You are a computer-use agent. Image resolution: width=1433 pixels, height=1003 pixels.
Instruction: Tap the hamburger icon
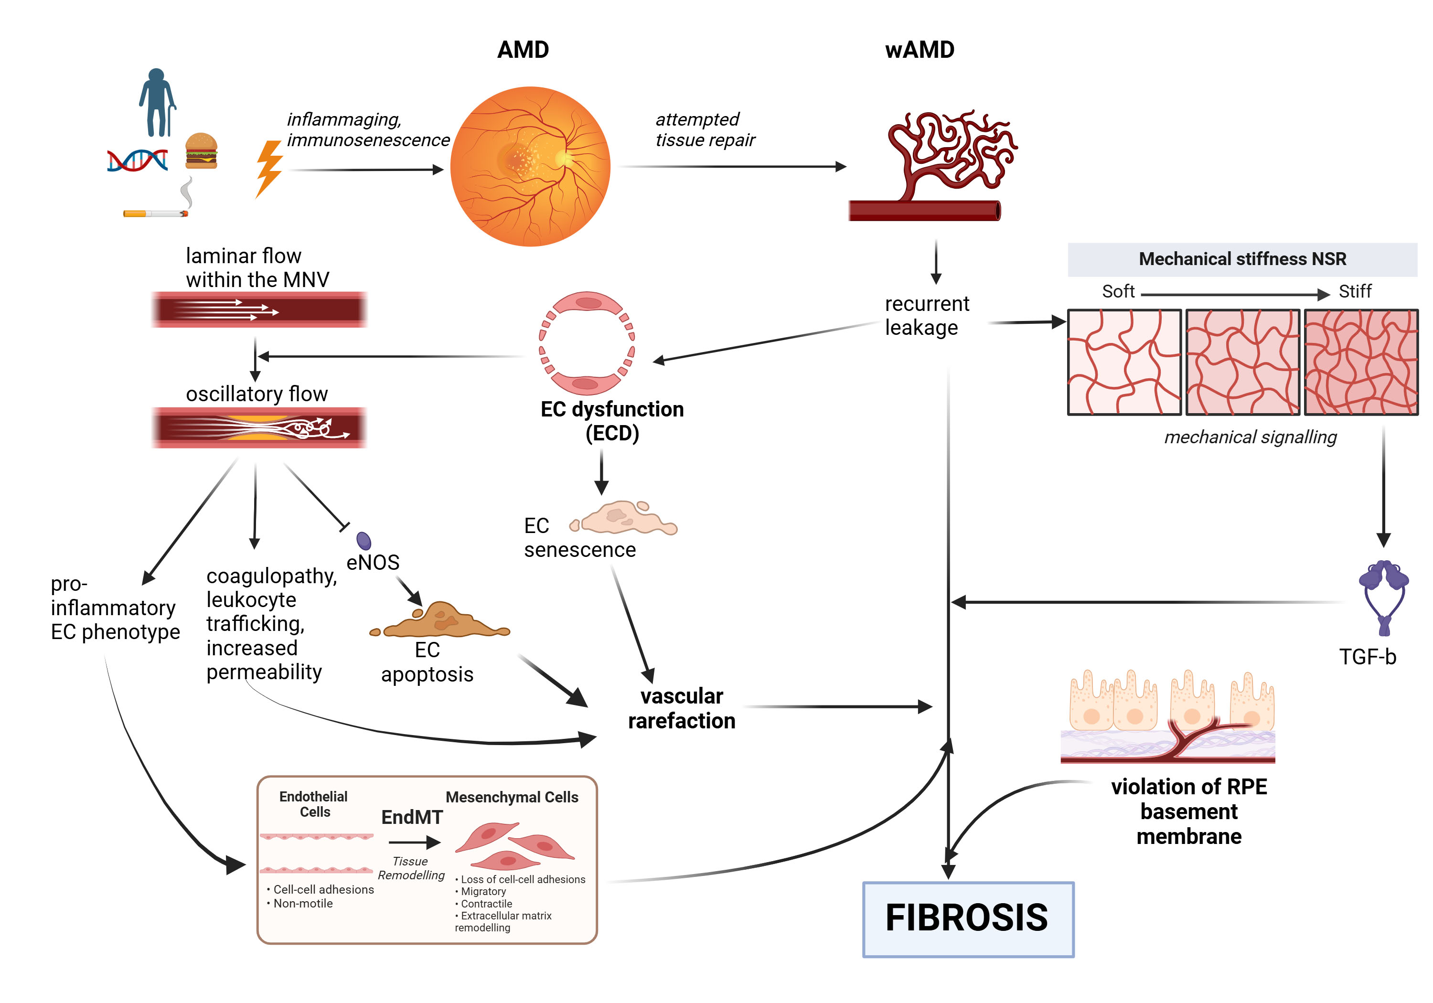tap(201, 151)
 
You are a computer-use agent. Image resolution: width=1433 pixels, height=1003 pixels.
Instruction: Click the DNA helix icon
tap(137, 160)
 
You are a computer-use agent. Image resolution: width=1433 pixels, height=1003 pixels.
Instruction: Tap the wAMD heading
tap(920, 50)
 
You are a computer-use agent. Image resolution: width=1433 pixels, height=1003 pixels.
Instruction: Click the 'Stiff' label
tap(1354, 291)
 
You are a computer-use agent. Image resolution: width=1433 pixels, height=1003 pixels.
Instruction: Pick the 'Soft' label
tap(1118, 291)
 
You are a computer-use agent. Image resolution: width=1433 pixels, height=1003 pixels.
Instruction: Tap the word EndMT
tap(412, 817)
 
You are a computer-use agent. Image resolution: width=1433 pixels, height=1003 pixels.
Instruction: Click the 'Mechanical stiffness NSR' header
tap(1242, 259)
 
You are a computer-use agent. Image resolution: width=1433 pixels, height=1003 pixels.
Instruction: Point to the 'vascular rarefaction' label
tap(682, 708)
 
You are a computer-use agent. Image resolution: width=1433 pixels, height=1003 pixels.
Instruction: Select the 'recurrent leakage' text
tap(926, 315)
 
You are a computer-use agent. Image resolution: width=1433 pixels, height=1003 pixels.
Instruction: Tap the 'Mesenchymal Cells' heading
tap(512, 797)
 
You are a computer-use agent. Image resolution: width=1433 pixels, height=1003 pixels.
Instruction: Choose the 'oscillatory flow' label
tap(257, 394)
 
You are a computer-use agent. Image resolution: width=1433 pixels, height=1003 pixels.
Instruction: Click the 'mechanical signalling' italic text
tap(1250, 437)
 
